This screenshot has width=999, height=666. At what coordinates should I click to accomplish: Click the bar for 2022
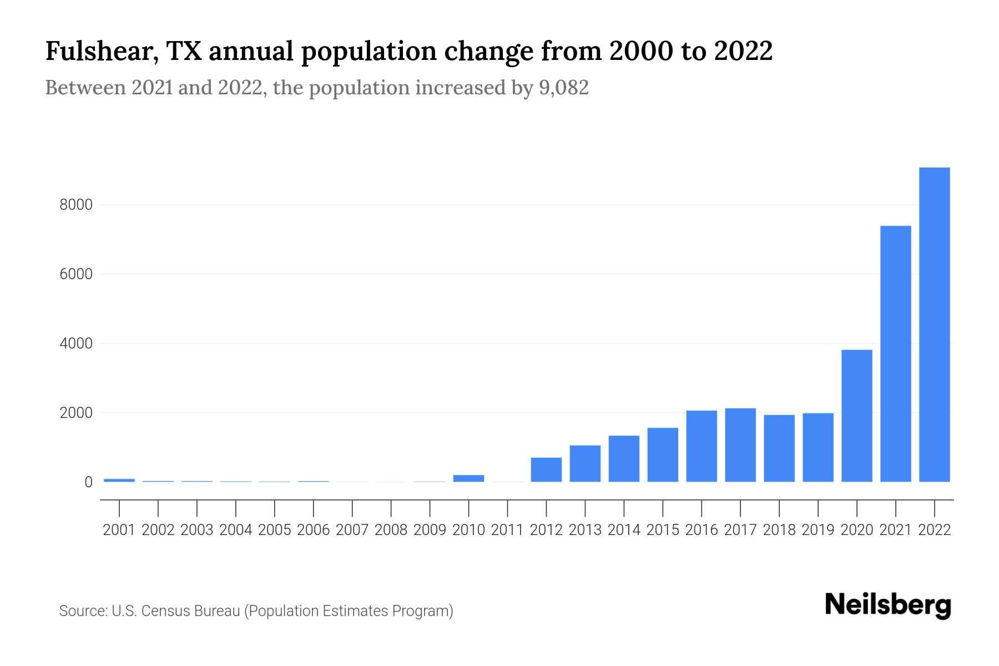[935, 325]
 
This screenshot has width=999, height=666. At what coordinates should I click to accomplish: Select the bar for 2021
[896, 354]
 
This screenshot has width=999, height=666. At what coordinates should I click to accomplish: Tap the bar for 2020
[857, 416]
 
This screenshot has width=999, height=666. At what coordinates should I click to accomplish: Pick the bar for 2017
[740, 445]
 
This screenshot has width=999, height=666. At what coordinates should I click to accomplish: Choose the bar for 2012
[546, 470]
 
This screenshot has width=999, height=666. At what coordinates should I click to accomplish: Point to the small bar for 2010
[468, 478]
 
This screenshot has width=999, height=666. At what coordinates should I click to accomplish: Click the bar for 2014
[624, 458]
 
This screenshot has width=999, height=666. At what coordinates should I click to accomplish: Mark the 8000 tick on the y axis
[76, 205]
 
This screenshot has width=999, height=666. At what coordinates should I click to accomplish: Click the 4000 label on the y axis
[76, 344]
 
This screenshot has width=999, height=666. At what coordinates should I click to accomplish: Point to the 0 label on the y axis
[88, 482]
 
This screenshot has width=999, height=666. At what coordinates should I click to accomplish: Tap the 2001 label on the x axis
[119, 530]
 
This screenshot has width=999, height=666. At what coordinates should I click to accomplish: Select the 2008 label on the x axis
[391, 530]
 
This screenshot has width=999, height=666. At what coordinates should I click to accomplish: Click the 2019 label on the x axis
[818, 530]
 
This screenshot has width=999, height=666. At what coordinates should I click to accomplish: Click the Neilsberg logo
[888, 605]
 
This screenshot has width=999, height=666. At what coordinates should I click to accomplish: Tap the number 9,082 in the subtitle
[563, 88]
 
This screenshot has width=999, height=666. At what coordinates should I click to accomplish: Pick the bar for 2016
[702, 446]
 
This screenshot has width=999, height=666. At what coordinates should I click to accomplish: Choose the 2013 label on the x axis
[585, 530]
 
